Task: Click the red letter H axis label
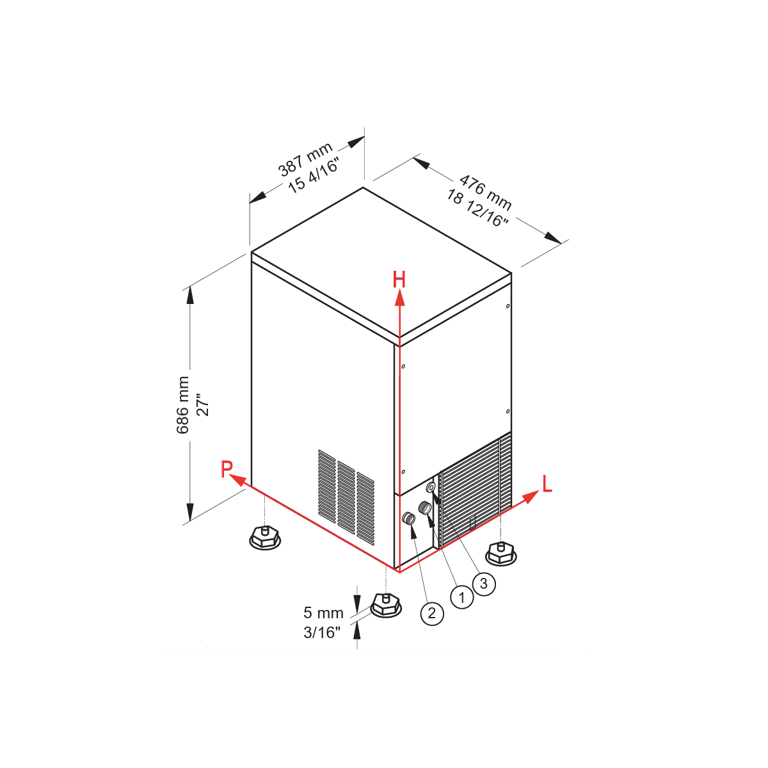click(x=399, y=280)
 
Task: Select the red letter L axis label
click(x=547, y=484)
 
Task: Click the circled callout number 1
click(x=462, y=597)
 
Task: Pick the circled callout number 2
click(x=432, y=613)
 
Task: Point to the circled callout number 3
click(x=483, y=584)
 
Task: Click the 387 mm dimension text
click(x=305, y=159)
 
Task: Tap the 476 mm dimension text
click(x=485, y=192)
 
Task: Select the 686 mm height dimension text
click(x=183, y=404)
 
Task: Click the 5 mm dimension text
click(x=323, y=613)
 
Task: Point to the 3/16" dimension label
click(x=322, y=632)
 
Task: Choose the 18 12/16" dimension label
click(x=477, y=207)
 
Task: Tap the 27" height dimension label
click(x=204, y=404)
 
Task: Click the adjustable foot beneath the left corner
click(x=264, y=538)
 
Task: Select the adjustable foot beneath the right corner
click(x=501, y=553)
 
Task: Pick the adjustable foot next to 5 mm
click(x=386, y=605)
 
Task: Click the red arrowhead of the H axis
click(x=399, y=298)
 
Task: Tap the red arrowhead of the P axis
click(x=237, y=480)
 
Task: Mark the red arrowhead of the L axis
click(x=531, y=497)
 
